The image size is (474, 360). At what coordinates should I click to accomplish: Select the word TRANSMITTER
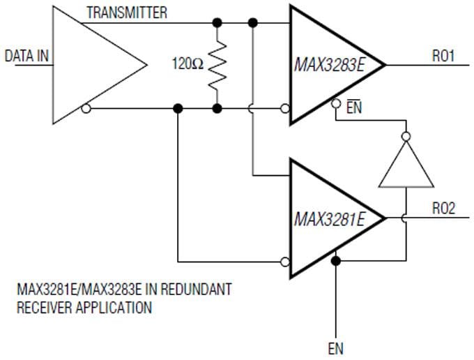click(x=126, y=13)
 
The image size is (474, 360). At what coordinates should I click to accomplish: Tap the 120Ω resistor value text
click(x=188, y=64)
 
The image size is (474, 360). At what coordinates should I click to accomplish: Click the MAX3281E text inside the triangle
click(x=328, y=220)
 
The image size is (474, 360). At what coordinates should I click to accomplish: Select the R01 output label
click(x=443, y=56)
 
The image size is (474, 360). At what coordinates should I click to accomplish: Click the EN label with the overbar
click(x=353, y=108)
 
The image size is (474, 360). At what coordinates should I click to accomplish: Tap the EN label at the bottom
click(x=335, y=347)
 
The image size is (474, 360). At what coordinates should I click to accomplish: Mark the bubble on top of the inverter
click(x=405, y=136)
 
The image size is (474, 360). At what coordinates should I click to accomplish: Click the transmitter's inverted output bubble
click(x=85, y=108)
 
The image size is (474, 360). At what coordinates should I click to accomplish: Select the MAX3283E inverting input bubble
click(x=284, y=108)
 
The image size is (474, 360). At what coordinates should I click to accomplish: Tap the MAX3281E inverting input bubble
click(x=284, y=263)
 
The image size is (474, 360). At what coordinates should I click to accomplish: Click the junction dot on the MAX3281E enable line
click(x=335, y=261)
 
